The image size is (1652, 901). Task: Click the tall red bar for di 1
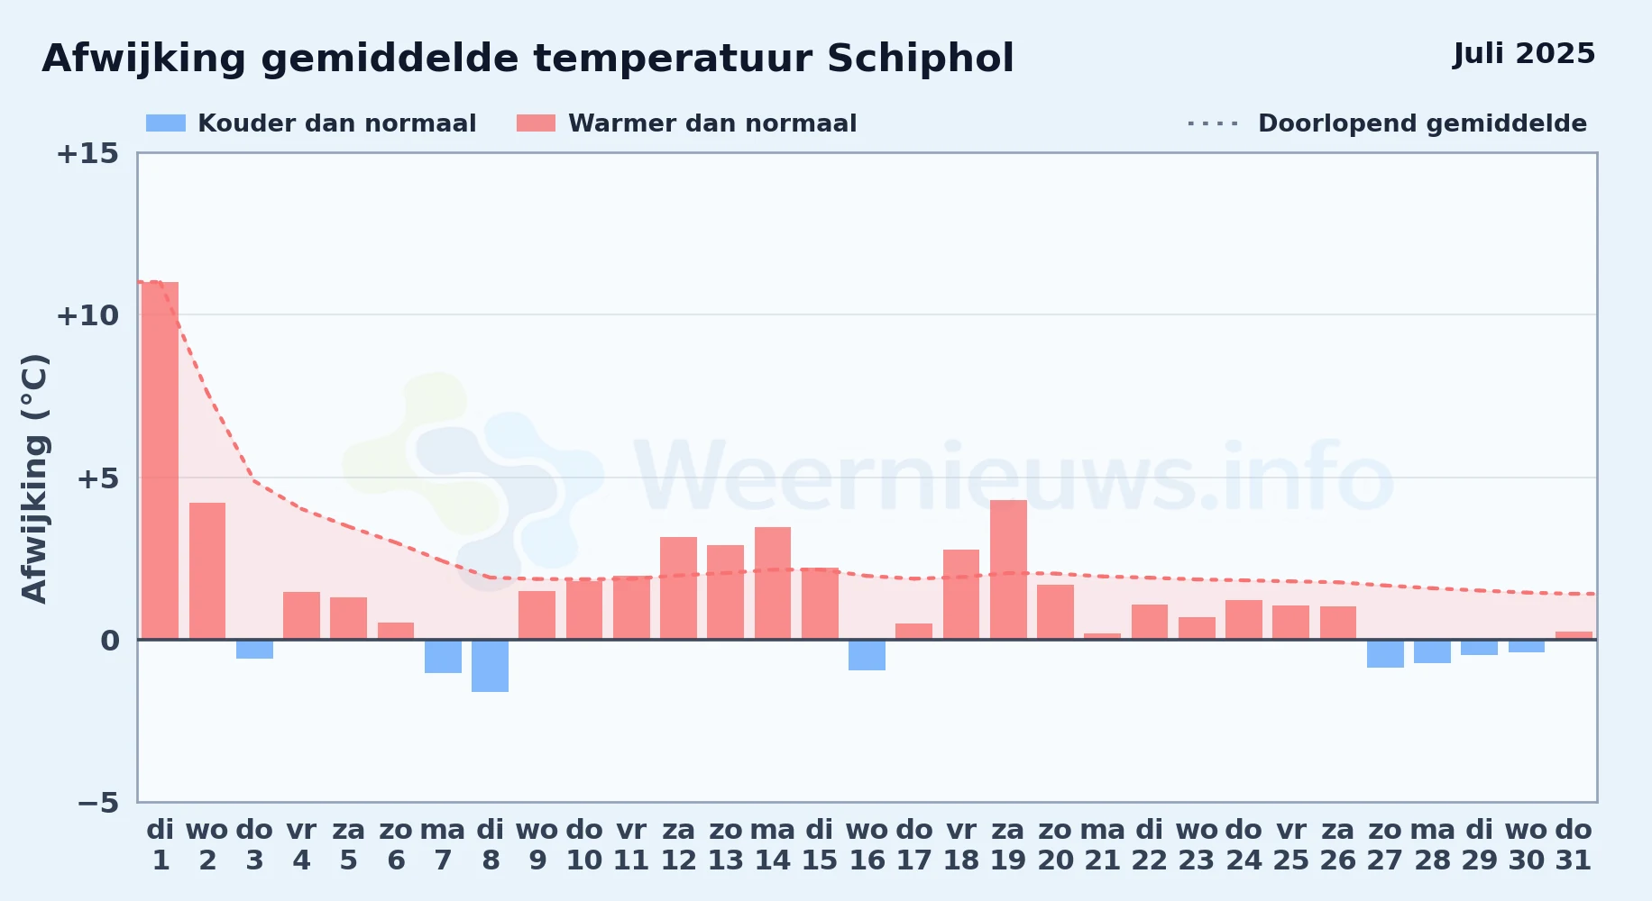160,460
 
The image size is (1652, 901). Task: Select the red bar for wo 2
207,571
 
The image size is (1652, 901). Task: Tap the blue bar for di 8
490,666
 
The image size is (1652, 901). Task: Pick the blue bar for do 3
254,650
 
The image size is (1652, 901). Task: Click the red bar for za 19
1008,569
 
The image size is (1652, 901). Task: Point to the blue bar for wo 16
867,655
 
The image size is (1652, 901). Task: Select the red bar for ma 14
773,583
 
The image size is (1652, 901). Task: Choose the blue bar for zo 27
1385,653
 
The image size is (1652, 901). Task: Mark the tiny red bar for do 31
1574,636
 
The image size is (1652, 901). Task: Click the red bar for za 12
678,588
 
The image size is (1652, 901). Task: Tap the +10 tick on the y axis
87,315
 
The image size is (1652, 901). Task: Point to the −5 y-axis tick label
97,802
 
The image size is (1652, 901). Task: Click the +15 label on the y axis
87,153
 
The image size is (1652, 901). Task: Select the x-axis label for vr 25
1291,845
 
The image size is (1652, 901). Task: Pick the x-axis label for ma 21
1103,845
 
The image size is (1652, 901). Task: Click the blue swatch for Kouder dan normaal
166,123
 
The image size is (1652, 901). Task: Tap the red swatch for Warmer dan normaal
537,123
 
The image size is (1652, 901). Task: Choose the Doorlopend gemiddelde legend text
1422,123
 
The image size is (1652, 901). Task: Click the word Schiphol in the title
920,59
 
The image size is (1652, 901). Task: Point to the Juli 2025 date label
1524,54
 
